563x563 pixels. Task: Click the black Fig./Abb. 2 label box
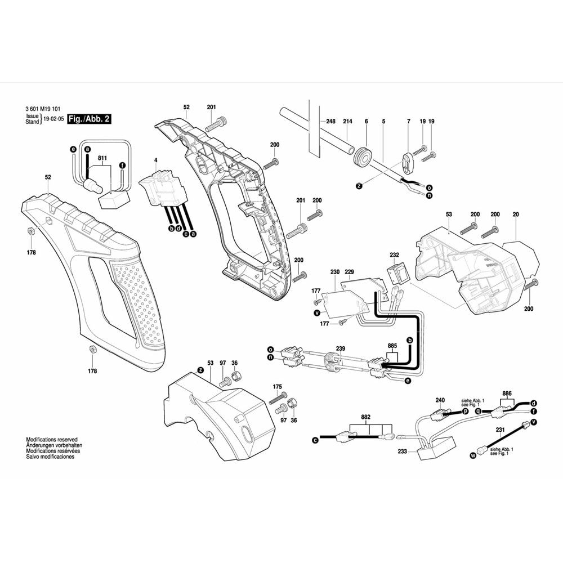tap(88, 119)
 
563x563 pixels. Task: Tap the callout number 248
tap(330, 122)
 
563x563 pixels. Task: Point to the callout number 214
tap(347, 122)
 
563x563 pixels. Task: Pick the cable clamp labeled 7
tap(409, 160)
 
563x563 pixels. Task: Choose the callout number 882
tap(366, 417)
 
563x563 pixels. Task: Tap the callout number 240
tap(440, 400)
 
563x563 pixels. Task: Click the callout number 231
tap(500, 430)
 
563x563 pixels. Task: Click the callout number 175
tap(277, 387)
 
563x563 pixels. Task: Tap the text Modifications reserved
tap(52, 439)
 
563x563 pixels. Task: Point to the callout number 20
tap(516, 214)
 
